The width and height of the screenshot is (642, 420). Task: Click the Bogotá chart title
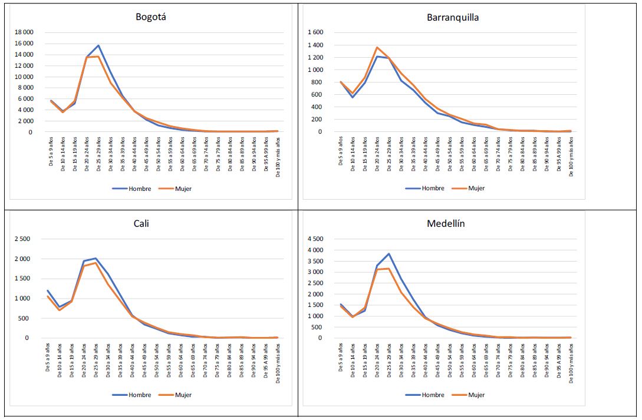coord(151,17)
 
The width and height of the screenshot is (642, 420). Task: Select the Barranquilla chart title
coord(453,17)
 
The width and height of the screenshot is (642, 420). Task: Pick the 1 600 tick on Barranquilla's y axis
coord(316,32)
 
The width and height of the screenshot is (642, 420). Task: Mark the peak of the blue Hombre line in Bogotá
coord(98,45)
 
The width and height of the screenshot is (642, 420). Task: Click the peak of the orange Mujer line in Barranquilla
coord(377,47)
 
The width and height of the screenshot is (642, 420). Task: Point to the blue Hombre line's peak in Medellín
coord(389,254)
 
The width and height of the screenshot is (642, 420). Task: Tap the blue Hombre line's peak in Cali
coord(96,258)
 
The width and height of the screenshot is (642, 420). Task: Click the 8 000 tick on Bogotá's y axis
coord(26,88)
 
